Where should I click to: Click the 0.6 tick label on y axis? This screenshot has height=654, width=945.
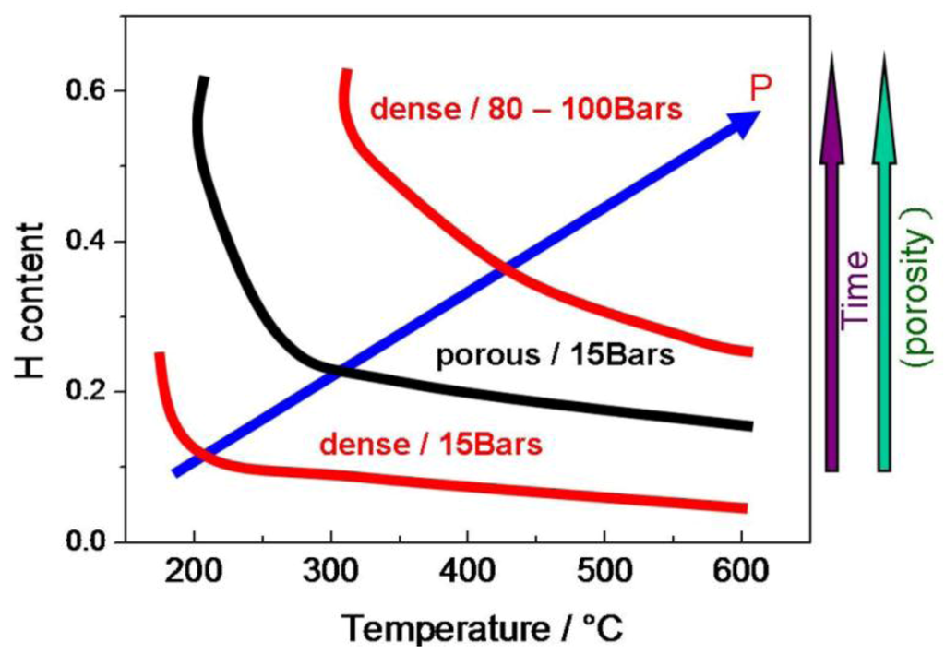click(x=89, y=91)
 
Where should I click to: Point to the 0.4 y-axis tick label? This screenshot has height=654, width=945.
click(x=89, y=242)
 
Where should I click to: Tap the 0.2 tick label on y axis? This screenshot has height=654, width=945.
click(x=89, y=392)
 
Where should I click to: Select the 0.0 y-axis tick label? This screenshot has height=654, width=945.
click(x=89, y=541)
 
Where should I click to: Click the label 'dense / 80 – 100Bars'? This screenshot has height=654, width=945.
click(x=525, y=110)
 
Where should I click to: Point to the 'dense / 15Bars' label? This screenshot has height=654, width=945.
click(x=430, y=445)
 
